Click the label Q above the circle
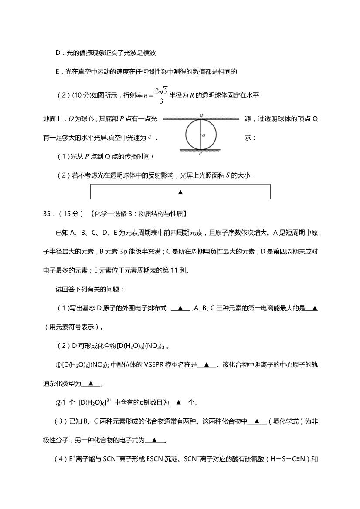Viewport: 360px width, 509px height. [x=201, y=115]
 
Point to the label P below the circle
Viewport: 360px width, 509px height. [x=200, y=154]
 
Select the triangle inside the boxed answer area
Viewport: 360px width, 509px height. [x=180, y=192]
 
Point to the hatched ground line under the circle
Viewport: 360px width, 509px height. [x=201, y=151]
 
